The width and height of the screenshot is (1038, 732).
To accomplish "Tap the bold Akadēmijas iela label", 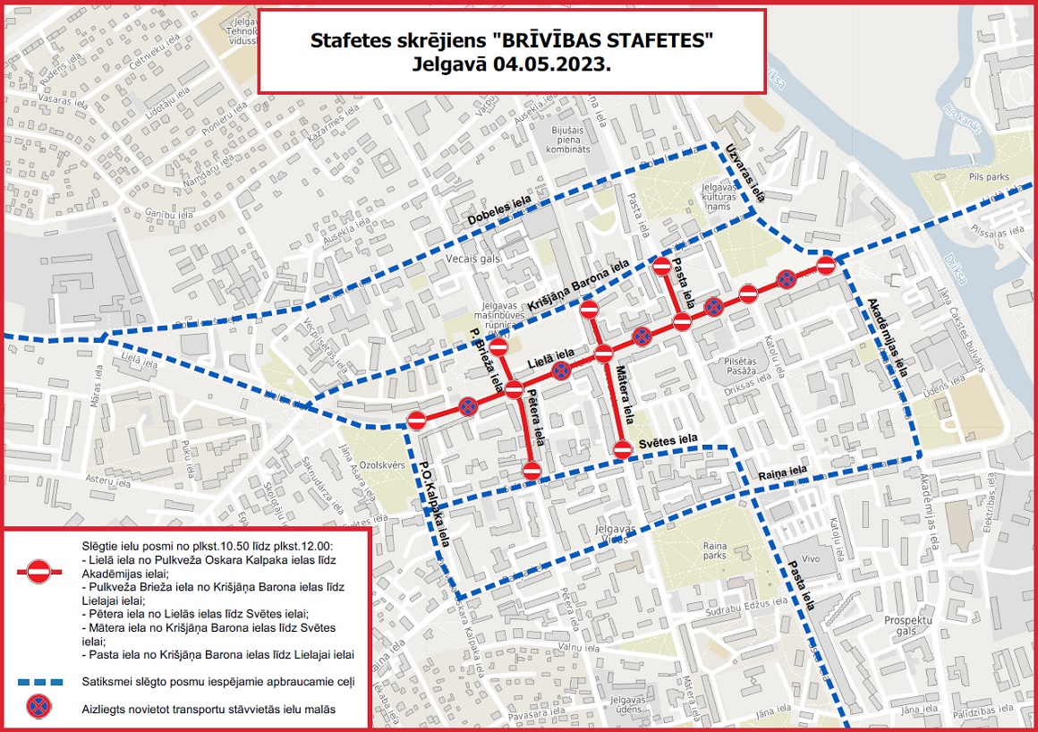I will (888, 336).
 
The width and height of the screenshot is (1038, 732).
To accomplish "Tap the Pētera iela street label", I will (536, 417).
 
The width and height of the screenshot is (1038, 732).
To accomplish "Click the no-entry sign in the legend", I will (38, 571).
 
